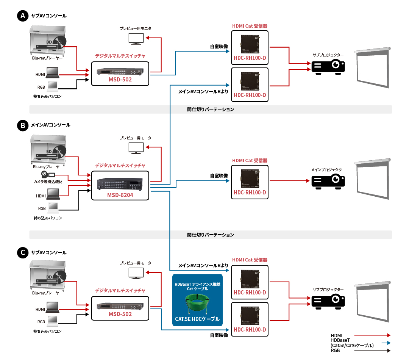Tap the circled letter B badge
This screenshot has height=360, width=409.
pos(23,125)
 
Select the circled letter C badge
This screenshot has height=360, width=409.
pos(23,252)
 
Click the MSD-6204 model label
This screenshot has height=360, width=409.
pos(120,195)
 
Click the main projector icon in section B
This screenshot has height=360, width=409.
pos(328,181)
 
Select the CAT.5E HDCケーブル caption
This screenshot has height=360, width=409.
pos(197,319)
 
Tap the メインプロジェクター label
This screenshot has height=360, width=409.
pos(328,170)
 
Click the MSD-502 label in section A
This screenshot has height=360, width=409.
pos(120,80)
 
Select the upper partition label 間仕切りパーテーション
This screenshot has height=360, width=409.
pos(211,110)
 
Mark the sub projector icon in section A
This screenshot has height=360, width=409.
pos(328,66)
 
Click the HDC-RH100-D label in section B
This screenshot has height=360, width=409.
pos(250,193)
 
